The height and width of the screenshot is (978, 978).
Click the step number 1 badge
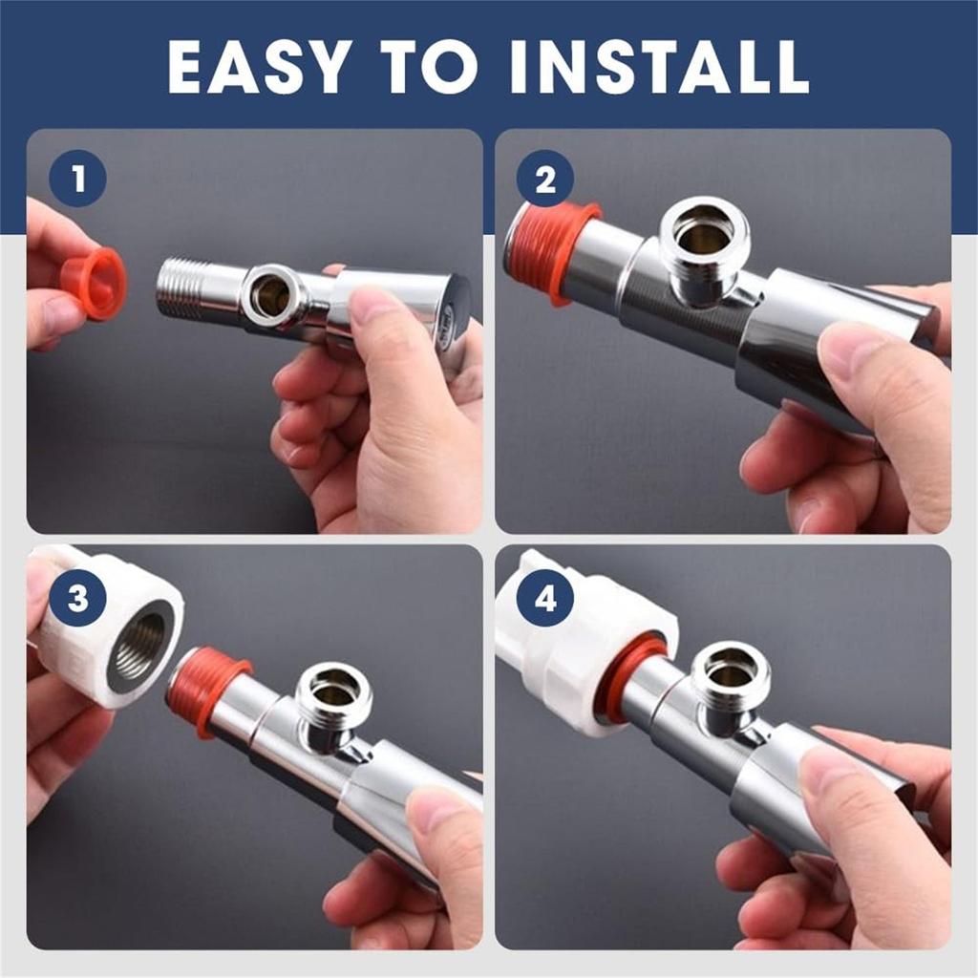77,179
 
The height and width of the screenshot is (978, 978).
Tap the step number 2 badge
545,180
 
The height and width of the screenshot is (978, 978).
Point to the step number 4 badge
545,598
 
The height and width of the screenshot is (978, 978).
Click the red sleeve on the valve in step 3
206,691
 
